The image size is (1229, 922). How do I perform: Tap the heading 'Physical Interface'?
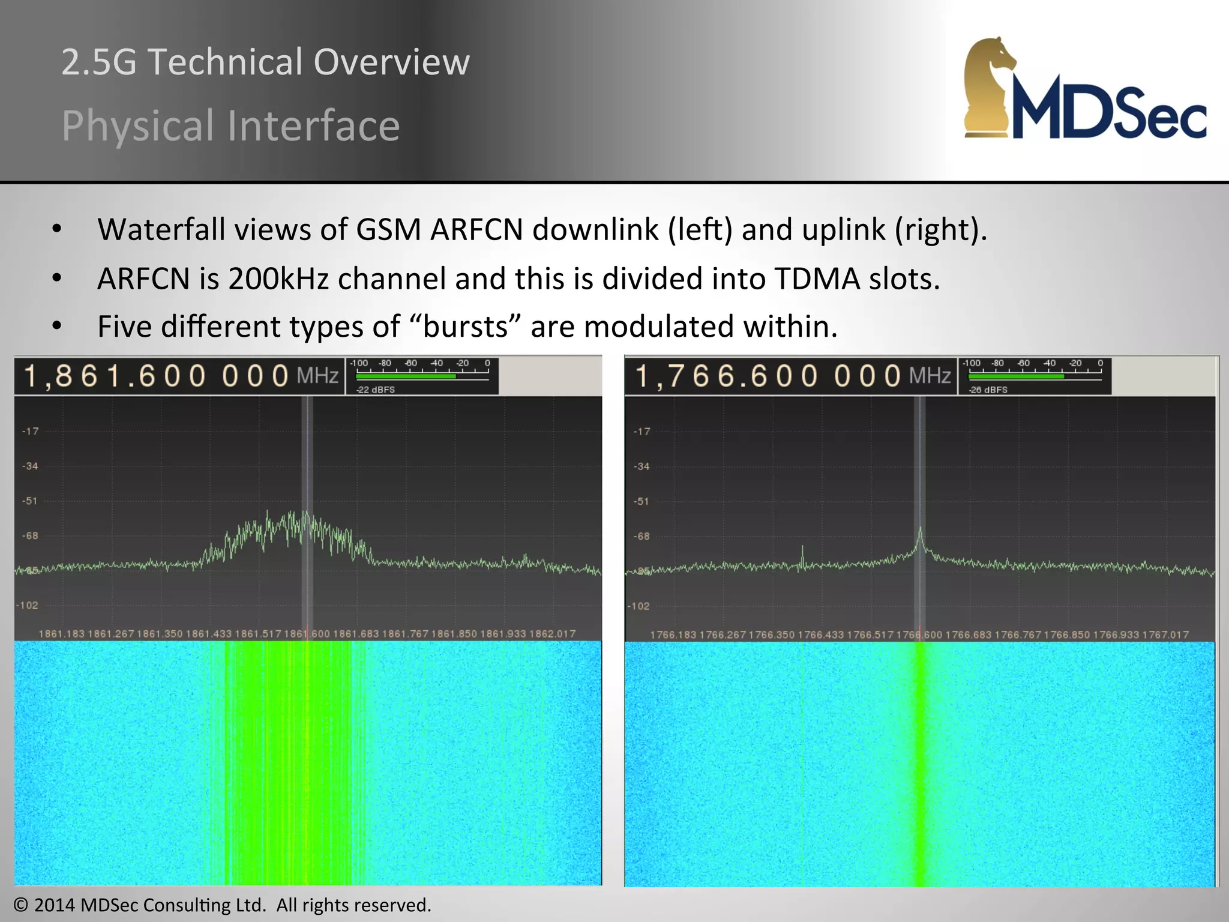pyautogui.click(x=230, y=125)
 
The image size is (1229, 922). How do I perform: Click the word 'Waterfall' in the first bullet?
pyautogui.click(x=161, y=230)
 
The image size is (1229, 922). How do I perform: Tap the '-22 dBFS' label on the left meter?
pyautogui.click(x=376, y=390)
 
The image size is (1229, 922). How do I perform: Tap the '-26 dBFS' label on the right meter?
pyautogui.click(x=988, y=390)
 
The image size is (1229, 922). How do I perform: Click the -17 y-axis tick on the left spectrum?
pyautogui.click(x=31, y=431)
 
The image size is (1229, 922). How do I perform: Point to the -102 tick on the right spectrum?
pyautogui.click(x=639, y=606)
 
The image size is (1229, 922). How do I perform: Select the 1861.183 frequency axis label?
pyautogui.click(x=62, y=634)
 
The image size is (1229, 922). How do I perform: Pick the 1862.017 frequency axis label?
pyautogui.click(x=552, y=634)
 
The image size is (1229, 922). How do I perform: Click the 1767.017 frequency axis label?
pyautogui.click(x=1165, y=634)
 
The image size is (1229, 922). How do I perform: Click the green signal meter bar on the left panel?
pyautogui.click(x=406, y=376)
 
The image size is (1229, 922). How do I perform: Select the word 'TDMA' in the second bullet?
pyautogui.click(x=817, y=279)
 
